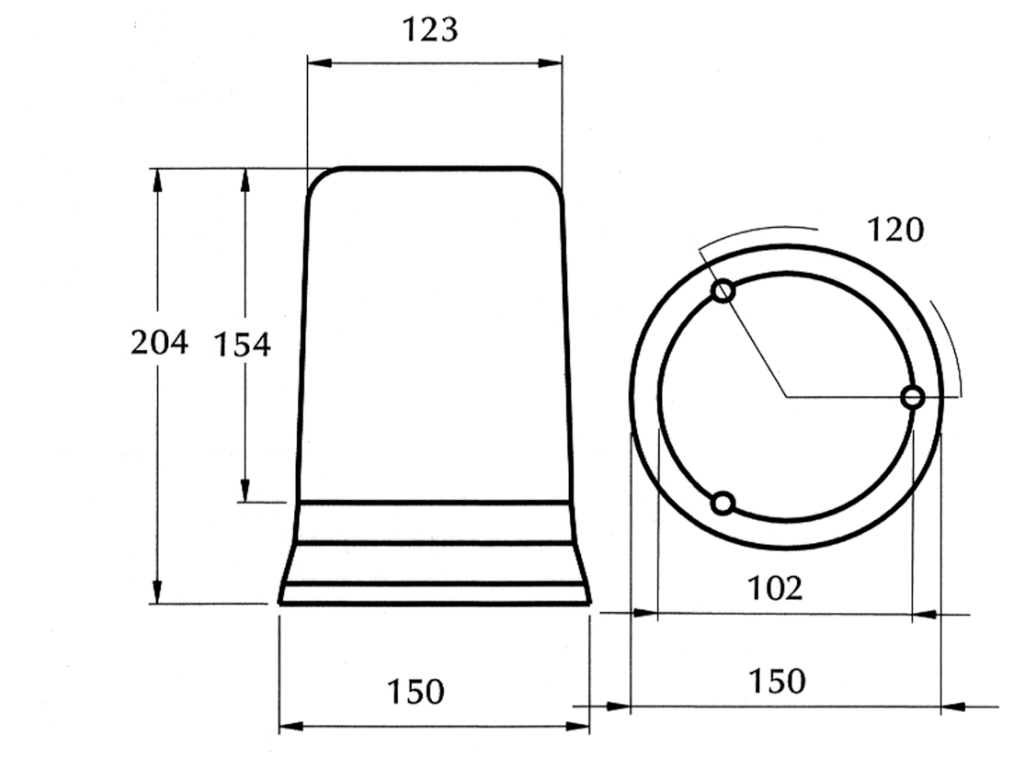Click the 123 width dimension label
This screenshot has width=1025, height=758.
pyautogui.click(x=429, y=30)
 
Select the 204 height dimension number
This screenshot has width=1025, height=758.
pyautogui.click(x=159, y=343)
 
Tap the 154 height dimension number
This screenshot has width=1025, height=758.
pyautogui.click(x=242, y=345)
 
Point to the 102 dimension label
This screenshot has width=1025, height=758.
pyautogui.click(x=775, y=588)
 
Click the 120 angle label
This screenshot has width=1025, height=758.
pyautogui.click(x=894, y=230)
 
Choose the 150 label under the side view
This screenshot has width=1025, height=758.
pyautogui.click(x=416, y=691)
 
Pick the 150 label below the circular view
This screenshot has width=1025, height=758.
pyautogui.click(x=777, y=681)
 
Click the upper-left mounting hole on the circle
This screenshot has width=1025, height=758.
pyautogui.click(x=723, y=290)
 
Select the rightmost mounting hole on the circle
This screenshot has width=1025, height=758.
pyautogui.click(x=913, y=397)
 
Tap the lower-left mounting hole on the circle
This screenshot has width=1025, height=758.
pyautogui.click(x=723, y=503)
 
